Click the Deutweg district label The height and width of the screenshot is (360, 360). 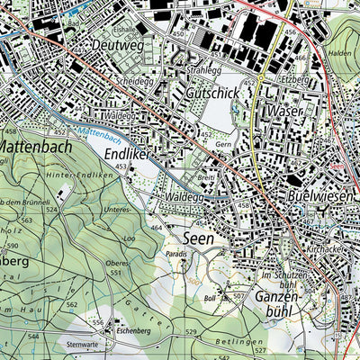(119, 42)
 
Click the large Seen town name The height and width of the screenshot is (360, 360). (199, 239)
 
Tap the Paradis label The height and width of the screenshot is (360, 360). (177, 255)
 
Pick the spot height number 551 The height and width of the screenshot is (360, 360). (115, 272)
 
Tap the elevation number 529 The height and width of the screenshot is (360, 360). (191, 333)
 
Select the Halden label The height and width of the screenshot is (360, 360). (340, 53)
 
